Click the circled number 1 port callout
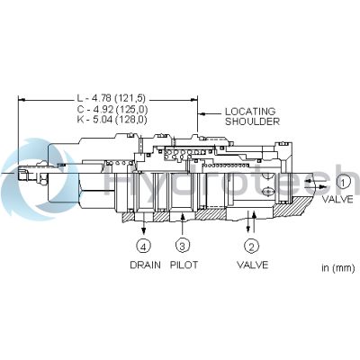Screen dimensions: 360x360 pos(343,183)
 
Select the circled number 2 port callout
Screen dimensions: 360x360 pos(252,247)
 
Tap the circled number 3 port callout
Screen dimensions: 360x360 pos(182,247)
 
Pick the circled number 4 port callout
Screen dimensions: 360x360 pos(144,247)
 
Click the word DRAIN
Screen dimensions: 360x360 pos(145,265)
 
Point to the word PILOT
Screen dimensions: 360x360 pos(184,265)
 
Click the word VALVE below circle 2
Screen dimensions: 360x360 pos(253,265)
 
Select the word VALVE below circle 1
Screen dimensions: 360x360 pos(337,199)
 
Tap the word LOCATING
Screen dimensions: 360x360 pos(250,112)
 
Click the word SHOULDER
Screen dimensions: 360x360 pos(252,121)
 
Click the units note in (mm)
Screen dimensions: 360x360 pos(338,268)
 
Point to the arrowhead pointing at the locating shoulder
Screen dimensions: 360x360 pos(202,114)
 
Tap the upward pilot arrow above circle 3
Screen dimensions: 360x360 pos(183,223)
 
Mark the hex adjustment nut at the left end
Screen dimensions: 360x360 pos(42,174)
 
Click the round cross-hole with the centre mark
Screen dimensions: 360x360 pos(268,191)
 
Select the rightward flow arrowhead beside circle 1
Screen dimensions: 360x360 pos(322,186)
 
